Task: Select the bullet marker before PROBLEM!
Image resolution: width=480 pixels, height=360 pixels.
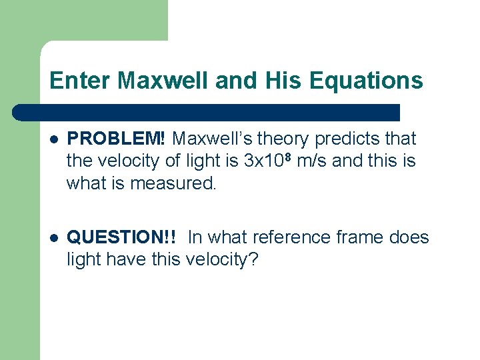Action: (x=54, y=140)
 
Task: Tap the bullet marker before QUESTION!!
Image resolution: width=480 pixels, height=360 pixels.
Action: (x=54, y=238)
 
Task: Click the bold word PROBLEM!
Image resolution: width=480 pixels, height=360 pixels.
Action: (x=117, y=139)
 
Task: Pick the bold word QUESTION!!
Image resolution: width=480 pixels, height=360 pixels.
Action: (x=123, y=237)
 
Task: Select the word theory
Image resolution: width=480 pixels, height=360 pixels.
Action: (x=285, y=139)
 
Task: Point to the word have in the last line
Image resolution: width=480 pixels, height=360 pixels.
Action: (x=117, y=259)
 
